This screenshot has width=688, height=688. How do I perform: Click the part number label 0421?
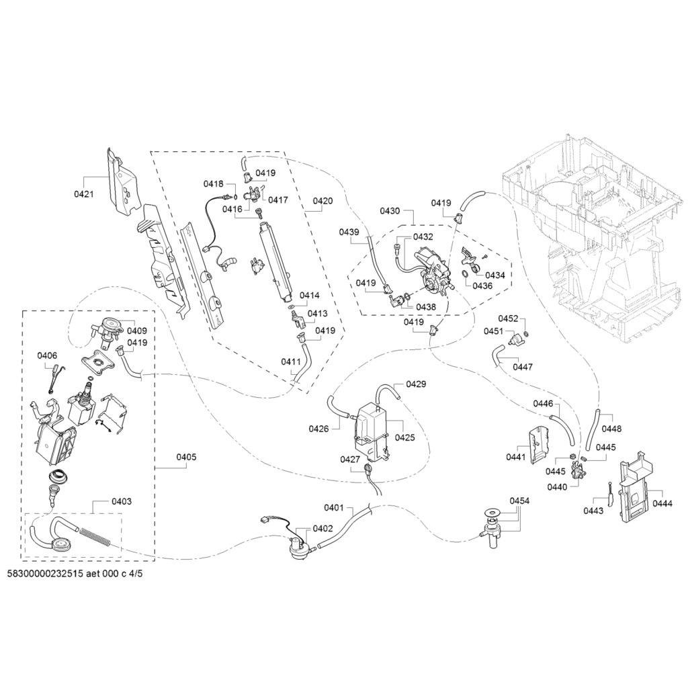coord(84,194)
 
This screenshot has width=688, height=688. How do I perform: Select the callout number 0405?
coord(187,457)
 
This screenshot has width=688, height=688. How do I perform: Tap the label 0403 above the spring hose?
coord(122,501)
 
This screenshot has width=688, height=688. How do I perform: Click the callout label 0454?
coord(519,501)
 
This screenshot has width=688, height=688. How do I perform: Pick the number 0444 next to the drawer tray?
coord(662,504)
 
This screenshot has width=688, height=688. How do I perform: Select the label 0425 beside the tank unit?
coord(405,437)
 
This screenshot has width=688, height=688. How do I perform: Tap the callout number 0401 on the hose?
coord(334,508)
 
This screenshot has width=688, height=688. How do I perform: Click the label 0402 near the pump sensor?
coord(323,529)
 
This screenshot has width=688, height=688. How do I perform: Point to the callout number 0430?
coord(390,211)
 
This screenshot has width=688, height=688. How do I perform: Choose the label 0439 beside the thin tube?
coord(349,232)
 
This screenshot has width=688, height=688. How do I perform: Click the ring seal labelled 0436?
coord(464,275)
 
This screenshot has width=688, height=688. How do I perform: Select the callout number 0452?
coord(508,318)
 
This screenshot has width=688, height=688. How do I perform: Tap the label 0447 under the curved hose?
coord(523,367)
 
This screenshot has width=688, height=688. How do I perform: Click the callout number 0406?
coord(47,355)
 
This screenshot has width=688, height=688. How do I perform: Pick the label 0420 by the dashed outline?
coord(322,201)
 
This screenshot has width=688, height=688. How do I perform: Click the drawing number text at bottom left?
coord(75,574)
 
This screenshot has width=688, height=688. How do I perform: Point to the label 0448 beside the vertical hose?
coord(611,429)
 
